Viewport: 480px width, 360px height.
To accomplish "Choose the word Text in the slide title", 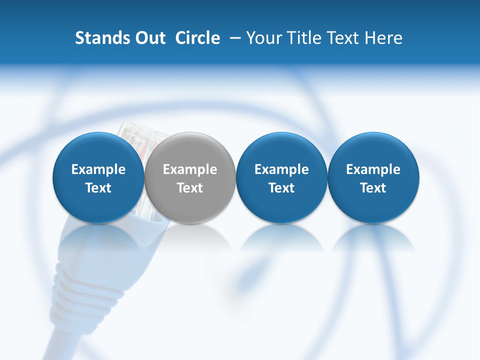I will coord(345,38).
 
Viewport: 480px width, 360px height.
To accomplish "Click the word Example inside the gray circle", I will coord(190,169).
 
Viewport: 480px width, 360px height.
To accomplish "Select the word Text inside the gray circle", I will coord(190,188).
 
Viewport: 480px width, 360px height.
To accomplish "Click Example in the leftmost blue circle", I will coord(98,169).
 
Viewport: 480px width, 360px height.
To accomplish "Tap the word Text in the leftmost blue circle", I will coord(98,188).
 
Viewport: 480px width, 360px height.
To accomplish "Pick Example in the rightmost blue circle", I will coord(373,169).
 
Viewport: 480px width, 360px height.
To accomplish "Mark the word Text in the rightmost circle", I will coord(373,188).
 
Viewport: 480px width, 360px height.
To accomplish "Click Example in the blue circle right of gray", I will coord(281,169).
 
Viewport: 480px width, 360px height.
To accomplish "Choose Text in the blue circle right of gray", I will coord(281,188).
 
